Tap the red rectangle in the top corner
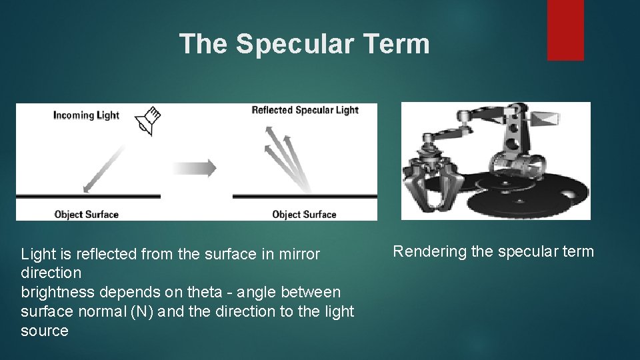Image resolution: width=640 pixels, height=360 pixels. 565,29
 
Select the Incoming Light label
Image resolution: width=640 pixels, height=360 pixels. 86,115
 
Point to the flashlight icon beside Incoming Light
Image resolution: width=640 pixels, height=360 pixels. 147,121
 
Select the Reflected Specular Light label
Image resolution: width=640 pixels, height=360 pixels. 305,110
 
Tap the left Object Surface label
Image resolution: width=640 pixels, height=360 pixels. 86,215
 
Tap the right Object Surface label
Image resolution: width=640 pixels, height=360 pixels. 304,215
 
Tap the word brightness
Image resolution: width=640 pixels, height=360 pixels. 57,293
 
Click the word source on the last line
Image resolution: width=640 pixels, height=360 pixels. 45,331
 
